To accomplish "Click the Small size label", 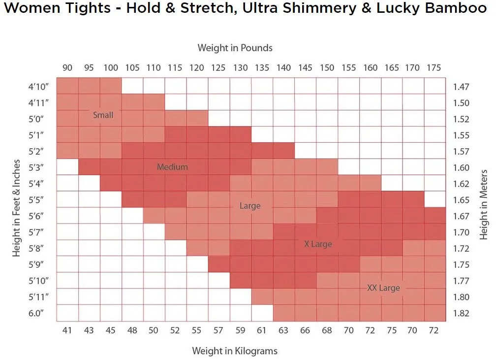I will click(x=103, y=115).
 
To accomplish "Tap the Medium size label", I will click(x=172, y=167).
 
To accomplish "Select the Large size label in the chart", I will click(x=249, y=206).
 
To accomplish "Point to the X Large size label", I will click(x=318, y=244).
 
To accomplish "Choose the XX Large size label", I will click(x=383, y=288).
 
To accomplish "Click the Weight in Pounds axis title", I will click(x=235, y=48).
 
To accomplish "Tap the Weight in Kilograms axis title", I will click(x=235, y=351).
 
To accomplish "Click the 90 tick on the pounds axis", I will click(x=67, y=68).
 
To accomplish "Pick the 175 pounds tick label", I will click(x=434, y=68).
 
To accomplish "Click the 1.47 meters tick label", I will click(x=461, y=87).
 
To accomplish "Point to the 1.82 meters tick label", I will click(x=461, y=313).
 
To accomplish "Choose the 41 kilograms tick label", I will click(x=67, y=330).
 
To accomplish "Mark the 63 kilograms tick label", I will click(x=283, y=330).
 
